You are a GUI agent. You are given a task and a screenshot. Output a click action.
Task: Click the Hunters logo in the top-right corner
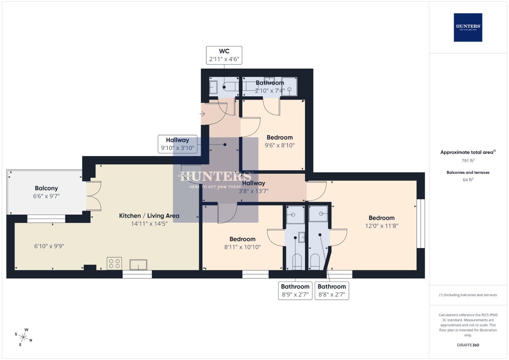468,27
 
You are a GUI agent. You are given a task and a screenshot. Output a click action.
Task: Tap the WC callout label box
224,55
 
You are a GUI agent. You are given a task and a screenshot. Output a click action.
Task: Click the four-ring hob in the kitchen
114,263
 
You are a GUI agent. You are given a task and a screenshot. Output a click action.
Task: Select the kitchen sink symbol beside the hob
138,265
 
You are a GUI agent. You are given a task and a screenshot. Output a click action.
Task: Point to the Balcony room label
46,188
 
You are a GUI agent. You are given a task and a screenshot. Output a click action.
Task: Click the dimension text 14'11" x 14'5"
149,224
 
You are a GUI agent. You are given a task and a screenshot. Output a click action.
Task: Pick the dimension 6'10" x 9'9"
49,246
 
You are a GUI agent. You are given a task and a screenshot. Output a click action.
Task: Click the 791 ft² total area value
468,161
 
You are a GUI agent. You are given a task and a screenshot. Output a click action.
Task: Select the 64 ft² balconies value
468,180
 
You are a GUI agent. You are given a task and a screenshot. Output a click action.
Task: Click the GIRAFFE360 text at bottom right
468,345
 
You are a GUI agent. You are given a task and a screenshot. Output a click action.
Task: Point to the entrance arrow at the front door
202,114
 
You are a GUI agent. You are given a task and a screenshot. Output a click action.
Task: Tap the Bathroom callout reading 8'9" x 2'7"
295,291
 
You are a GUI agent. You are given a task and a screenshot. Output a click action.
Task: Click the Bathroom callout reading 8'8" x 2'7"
332,291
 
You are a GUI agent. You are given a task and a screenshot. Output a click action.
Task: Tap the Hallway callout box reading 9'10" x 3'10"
177,144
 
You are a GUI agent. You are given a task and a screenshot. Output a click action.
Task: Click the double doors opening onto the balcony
94,196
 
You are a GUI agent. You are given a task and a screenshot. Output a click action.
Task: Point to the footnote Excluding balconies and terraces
468,295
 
